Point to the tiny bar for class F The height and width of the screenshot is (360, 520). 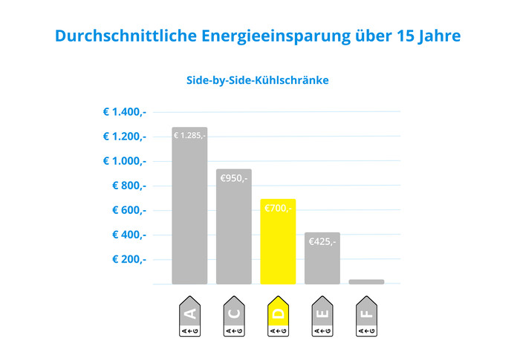[x=366, y=281]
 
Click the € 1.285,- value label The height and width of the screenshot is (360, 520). [x=189, y=136]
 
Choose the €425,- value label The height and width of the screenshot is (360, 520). [x=322, y=241]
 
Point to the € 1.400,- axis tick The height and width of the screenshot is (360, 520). [x=124, y=112]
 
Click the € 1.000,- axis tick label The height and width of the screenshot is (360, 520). [x=124, y=161]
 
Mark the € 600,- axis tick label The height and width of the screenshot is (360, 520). [x=129, y=210]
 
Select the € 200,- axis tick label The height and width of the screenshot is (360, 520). [x=129, y=259]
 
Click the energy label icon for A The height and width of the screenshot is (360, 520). [x=189, y=316]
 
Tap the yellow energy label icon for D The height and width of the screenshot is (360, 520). [x=279, y=316]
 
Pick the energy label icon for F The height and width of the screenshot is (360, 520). [x=366, y=316]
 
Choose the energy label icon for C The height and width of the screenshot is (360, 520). [x=234, y=316]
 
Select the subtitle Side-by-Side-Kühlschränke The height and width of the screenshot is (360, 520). [x=257, y=80]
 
